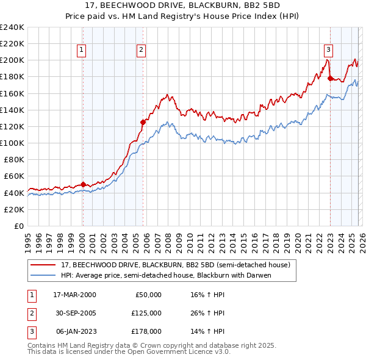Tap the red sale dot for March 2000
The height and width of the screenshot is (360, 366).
tap(83, 184)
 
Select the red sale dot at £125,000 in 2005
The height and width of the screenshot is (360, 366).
tap(143, 122)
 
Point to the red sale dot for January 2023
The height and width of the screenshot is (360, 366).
tap(330, 78)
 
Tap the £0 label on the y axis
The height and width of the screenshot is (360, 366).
tap(18, 226)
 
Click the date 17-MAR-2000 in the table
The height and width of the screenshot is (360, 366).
tap(74, 294)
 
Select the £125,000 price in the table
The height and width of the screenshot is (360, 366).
tap(147, 312)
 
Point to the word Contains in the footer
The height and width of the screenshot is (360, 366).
tap(42, 345)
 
